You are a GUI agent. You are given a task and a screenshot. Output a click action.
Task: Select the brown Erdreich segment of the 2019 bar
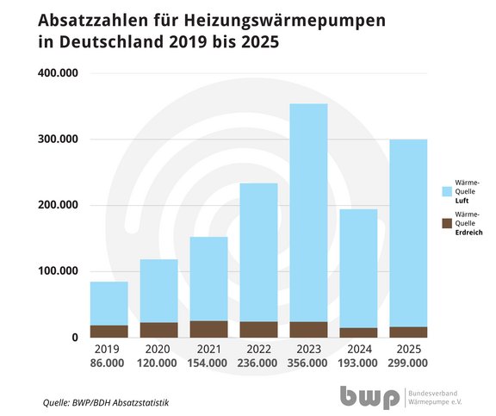[109, 331]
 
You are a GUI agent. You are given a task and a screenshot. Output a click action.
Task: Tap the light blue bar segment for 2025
[409, 233]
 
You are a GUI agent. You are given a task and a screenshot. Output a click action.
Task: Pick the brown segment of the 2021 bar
[209, 328]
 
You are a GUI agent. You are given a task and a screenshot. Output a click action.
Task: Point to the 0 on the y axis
[76, 338]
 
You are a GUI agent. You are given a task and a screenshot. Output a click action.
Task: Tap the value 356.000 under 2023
[309, 363]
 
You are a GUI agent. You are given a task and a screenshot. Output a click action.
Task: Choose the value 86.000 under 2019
[109, 363]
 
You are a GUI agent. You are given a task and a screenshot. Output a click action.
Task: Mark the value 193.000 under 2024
[359, 363]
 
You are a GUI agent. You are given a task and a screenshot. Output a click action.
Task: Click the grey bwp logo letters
[368, 397]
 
